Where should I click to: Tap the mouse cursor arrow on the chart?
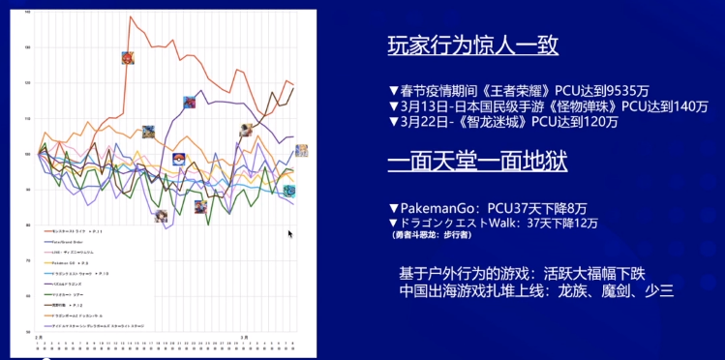pyautogui.click(x=289, y=233)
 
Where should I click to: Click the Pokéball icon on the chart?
pyautogui.click(x=178, y=159)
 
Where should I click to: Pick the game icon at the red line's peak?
pyautogui.click(x=127, y=57)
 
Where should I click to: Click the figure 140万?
pyautogui.click(x=688, y=105)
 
